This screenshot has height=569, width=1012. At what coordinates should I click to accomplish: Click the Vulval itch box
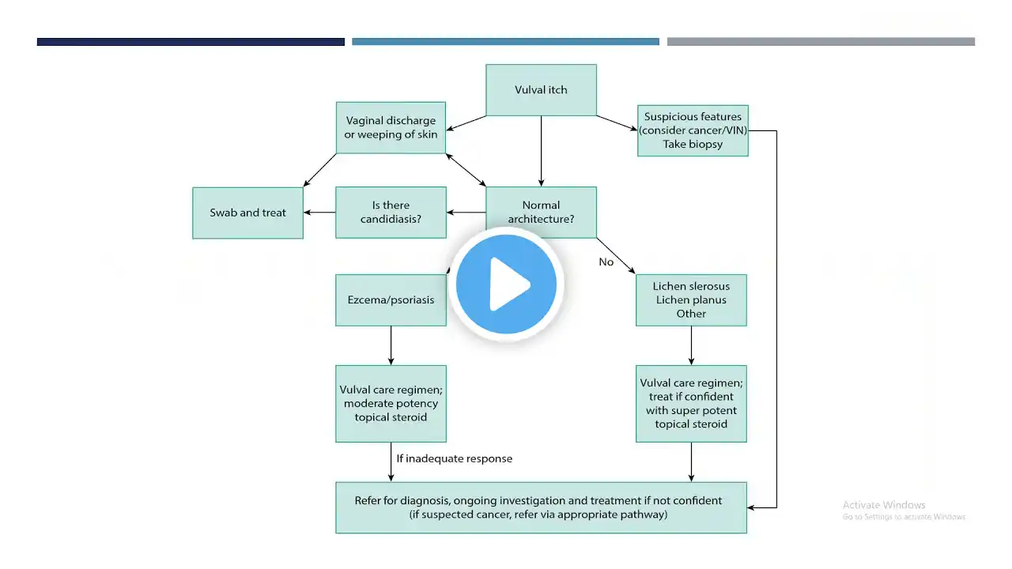click(541, 90)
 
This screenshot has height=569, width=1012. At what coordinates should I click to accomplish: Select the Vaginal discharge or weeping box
click(391, 127)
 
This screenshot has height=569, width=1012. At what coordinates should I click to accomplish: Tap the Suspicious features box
click(693, 130)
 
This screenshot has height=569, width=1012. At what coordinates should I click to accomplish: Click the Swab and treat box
click(247, 213)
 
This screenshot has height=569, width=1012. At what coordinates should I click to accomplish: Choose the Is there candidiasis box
click(391, 212)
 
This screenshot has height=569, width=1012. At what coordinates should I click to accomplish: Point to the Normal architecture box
click(541, 212)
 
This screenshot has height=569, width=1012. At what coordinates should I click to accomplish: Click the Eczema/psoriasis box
click(391, 300)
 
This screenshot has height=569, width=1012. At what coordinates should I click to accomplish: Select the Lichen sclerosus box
click(691, 300)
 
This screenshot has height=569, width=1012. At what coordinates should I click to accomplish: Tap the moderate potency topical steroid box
click(391, 403)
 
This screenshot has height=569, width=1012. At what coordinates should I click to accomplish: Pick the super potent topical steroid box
click(691, 403)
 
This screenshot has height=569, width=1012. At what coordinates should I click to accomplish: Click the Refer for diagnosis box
click(541, 507)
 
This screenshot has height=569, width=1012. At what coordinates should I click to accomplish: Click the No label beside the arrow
click(606, 262)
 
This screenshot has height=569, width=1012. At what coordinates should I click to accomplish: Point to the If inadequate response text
click(454, 458)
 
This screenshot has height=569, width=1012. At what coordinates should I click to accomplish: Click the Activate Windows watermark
click(884, 505)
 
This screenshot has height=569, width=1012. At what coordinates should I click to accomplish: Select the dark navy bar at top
click(191, 42)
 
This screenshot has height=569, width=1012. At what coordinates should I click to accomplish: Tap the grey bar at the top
click(821, 42)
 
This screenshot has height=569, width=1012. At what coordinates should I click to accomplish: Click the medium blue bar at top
click(505, 42)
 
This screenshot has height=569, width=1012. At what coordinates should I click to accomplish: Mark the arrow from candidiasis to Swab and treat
click(319, 213)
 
